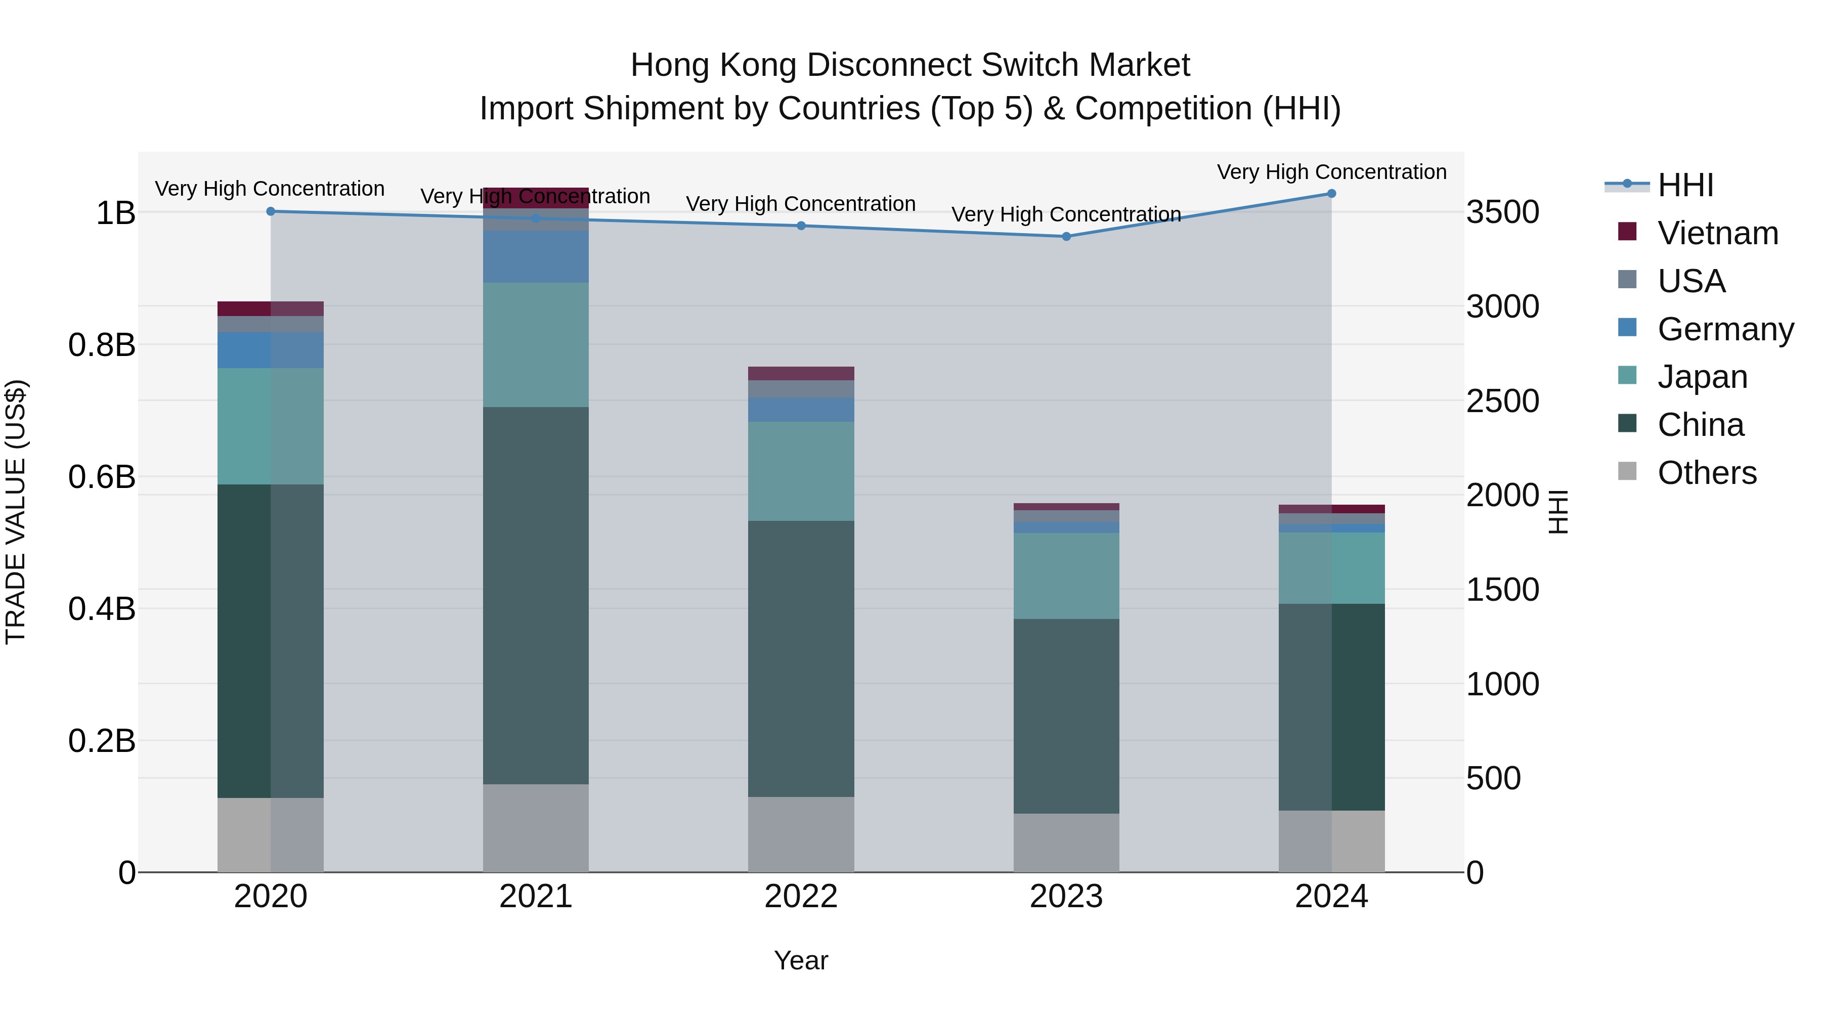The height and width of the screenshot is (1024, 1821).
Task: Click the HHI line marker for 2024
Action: coord(1331,194)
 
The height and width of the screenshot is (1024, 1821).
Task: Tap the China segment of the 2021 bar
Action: coord(535,595)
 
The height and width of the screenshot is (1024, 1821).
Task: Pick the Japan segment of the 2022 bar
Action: coord(801,471)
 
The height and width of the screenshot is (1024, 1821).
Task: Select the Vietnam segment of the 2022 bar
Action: coord(801,373)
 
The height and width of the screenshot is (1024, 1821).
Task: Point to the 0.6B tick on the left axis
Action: coord(102,477)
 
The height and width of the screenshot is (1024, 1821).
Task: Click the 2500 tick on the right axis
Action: coord(1502,402)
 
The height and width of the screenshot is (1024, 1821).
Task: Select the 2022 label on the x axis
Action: coord(801,897)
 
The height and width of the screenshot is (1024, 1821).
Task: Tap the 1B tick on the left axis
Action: coord(115,213)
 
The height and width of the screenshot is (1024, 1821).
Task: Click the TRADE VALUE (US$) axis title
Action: coord(16,512)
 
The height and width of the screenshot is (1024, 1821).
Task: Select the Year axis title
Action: coord(801,960)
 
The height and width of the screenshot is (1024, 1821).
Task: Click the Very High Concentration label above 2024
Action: coord(1331,172)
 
